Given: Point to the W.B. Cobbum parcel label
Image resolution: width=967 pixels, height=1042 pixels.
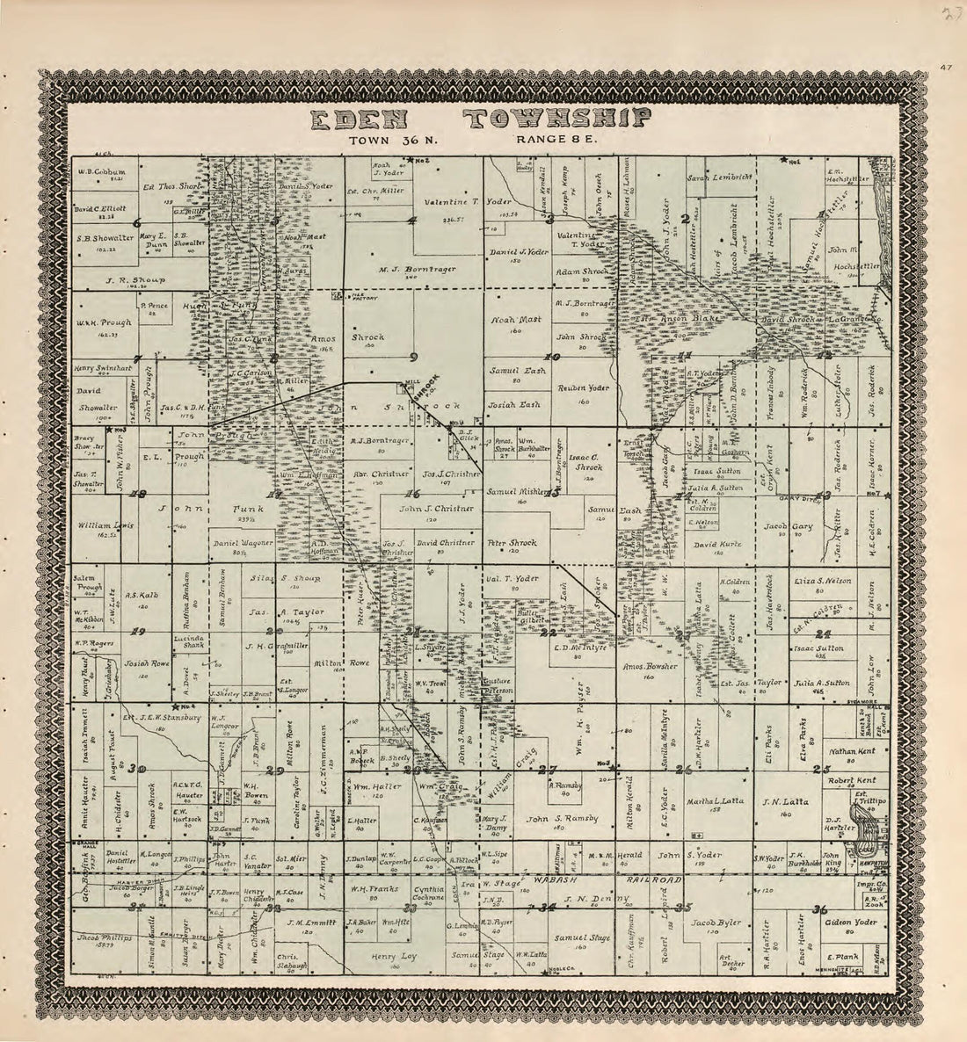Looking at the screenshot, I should (x=102, y=170).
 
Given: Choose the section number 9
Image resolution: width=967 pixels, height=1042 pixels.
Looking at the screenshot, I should (x=412, y=358).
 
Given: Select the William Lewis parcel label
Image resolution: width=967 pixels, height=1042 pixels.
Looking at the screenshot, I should (x=105, y=525).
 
